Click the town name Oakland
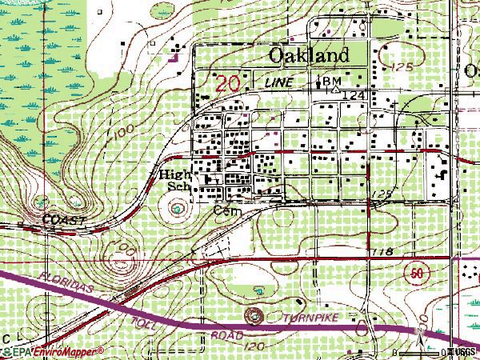click(298, 55)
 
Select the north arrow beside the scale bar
click(421, 330)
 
